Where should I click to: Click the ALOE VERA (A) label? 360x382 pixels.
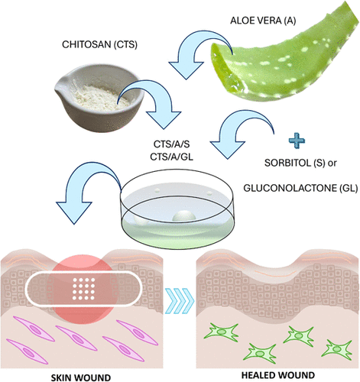coord(263,21)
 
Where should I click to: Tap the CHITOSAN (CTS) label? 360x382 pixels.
coord(99,44)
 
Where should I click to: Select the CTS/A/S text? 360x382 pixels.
coord(172,144)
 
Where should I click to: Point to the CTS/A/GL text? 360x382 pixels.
coord(172,157)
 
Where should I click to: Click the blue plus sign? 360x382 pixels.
coord(297,141)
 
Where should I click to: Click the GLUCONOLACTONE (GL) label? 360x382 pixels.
coord(300,188)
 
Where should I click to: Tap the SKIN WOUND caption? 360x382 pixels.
coord(81,377)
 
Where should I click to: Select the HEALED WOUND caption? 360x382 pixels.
coord(278,375)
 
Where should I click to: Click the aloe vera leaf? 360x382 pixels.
coord(285,56)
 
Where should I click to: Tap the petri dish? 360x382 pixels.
coord(177,209)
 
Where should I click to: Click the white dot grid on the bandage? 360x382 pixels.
coord(83,289)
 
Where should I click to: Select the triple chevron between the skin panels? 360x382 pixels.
coord(180,301)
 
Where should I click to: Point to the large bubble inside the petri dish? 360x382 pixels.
coord(184,216)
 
